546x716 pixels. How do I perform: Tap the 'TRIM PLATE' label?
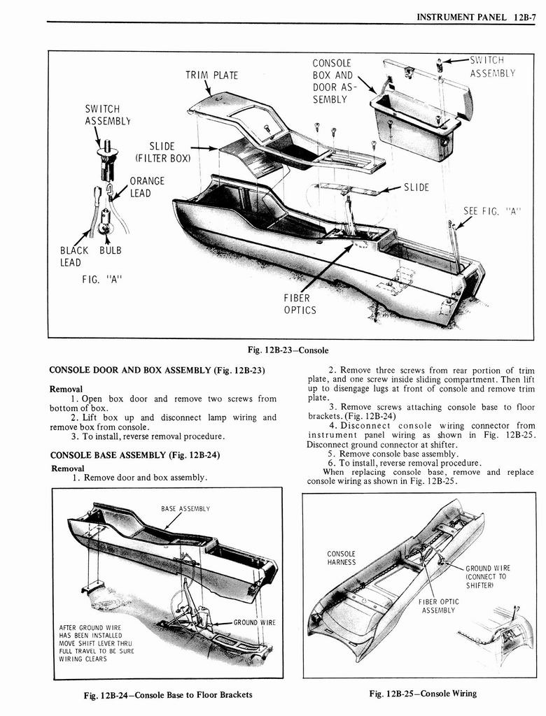click(211, 76)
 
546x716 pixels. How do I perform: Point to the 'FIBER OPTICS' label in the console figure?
click(300, 304)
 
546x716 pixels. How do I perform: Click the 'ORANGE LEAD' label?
click(147, 187)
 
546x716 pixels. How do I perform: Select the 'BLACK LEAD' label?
click(73, 257)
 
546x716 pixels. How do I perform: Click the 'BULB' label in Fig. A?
click(111, 250)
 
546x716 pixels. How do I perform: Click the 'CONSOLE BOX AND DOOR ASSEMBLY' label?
click(332, 81)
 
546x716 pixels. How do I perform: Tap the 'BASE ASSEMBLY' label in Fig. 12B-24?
click(185, 508)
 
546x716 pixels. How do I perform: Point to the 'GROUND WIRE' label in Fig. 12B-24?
click(254, 622)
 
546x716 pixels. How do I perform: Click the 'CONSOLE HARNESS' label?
click(342, 558)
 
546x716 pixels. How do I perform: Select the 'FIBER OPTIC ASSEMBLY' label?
click(439, 606)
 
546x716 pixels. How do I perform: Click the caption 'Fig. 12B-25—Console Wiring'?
click(423, 694)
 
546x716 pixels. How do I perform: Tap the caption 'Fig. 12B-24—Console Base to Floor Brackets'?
click(167, 694)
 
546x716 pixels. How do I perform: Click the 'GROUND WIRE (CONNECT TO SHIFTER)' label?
click(487, 577)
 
